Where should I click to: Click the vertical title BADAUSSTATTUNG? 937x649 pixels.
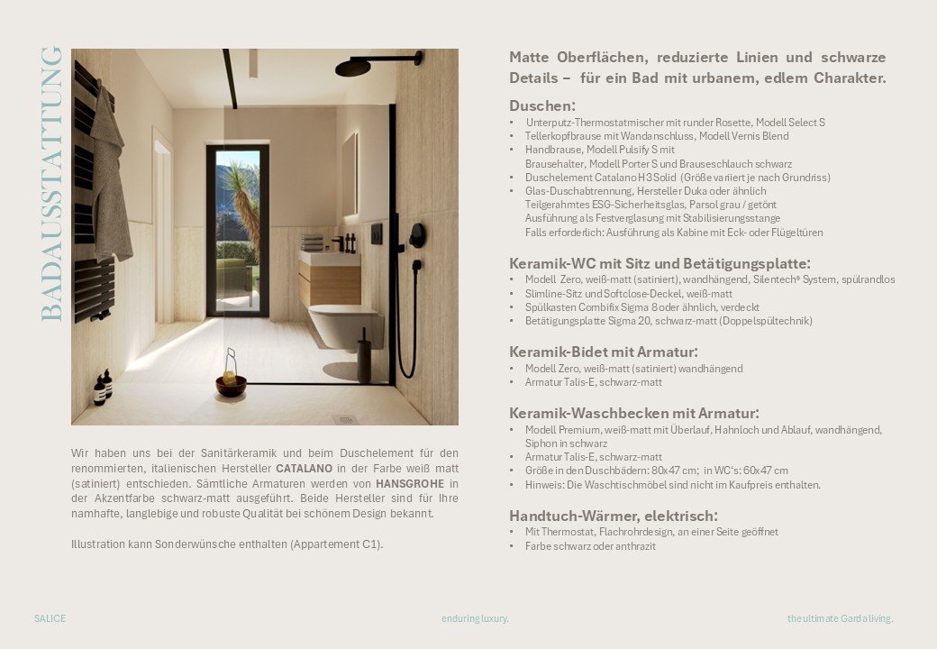(x=51, y=184)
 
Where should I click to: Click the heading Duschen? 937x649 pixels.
(x=541, y=105)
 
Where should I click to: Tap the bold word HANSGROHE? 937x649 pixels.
(x=410, y=483)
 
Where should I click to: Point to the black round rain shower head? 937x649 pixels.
(x=353, y=67)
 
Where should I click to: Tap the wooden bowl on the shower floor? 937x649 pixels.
(x=231, y=385)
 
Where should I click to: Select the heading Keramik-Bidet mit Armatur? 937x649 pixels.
(x=604, y=352)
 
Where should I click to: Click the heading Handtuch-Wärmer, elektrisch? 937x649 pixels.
(x=614, y=516)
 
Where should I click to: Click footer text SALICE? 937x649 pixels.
(x=50, y=618)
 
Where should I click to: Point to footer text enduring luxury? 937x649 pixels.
(x=475, y=618)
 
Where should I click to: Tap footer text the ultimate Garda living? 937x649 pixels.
(x=840, y=618)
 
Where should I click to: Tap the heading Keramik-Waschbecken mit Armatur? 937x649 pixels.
(x=633, y=413)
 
